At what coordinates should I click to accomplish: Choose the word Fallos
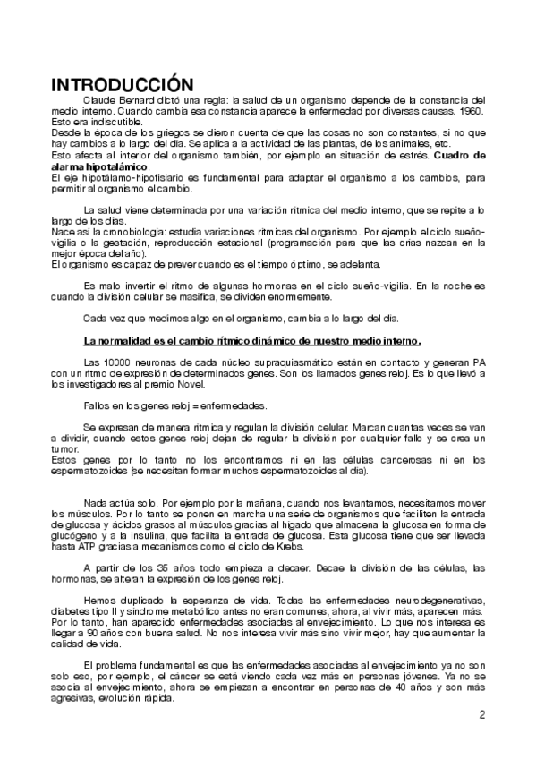[x=96, y=405]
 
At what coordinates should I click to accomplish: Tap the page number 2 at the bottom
[x=481, y=714]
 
